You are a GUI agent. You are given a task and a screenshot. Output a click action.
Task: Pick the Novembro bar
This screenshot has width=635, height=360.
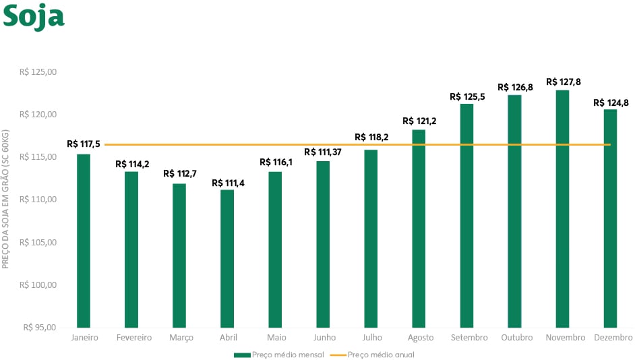pos(562,208)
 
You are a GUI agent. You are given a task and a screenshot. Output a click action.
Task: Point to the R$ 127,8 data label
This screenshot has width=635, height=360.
pos(563,82)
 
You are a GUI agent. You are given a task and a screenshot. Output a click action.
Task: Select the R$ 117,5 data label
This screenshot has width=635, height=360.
pos(84,144)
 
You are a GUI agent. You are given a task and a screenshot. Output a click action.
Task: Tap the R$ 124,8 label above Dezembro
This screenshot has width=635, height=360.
pos(610,103)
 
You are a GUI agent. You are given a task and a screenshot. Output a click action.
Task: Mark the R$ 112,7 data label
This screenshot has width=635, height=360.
pos(179,174)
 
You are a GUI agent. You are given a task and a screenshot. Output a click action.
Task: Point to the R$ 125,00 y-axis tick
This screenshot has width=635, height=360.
pos(38,72)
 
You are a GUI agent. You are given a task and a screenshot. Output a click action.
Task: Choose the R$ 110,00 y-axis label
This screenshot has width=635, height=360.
pos(38,200)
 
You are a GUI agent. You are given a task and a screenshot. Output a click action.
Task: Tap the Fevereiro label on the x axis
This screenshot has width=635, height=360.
pos(133,338)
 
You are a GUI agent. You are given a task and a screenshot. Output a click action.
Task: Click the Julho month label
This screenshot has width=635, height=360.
pos(371,338)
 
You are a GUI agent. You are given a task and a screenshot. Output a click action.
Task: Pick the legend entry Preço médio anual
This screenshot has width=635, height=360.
pos(381,355)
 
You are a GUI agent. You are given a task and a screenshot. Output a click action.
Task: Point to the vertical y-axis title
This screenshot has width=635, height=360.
pos(5,200)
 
